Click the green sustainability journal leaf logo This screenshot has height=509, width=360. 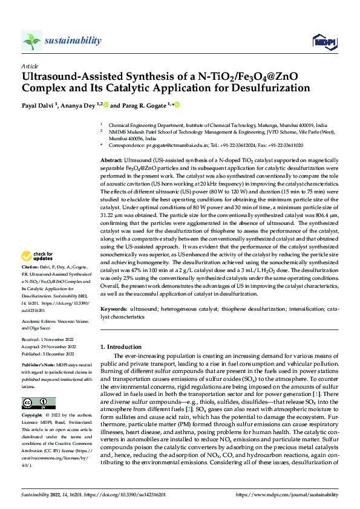pos(31,41)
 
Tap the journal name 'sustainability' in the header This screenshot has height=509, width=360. pos(73,41)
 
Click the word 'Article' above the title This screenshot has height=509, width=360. pos(30,65)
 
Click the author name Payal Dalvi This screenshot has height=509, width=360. pos(41,105)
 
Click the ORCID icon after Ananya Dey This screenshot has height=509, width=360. pos(106,105)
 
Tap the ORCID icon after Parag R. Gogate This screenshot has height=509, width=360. pos(178,105)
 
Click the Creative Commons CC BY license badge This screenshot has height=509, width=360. pos(35,403)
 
